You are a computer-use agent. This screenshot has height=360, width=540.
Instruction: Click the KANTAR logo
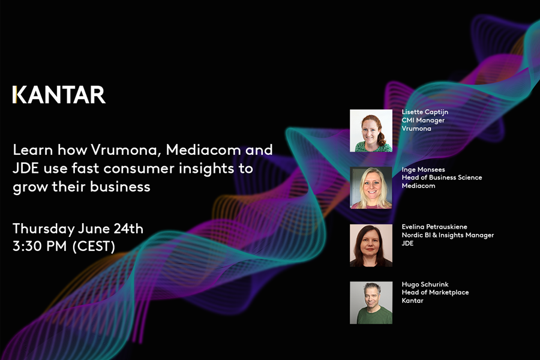(59, 95)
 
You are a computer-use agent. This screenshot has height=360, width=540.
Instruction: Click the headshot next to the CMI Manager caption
(371, 131)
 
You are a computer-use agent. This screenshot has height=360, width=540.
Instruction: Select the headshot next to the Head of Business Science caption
(371, 188)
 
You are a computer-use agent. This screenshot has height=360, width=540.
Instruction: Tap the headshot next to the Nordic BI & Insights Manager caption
(371, 245)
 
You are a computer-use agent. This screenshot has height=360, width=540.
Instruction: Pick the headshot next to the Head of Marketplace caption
(371, 302)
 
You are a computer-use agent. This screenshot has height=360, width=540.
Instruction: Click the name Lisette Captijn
(425, 112)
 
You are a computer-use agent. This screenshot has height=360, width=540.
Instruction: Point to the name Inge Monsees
(423, 169)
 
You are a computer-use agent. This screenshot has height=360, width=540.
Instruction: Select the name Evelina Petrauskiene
(434, 227)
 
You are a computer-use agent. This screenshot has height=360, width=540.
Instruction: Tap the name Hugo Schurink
(425, 284)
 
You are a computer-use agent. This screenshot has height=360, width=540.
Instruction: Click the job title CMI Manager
(423, 120)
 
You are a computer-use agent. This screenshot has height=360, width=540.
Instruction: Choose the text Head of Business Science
(442, 178)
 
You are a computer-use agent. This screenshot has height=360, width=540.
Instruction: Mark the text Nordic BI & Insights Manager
(448, 235)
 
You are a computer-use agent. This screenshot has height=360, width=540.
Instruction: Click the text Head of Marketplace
(436, 292)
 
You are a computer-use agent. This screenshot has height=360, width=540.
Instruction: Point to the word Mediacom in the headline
(203, 150)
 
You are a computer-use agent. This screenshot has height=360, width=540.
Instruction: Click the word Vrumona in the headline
(126, 150)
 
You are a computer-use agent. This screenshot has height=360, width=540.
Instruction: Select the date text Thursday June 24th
(78, 229)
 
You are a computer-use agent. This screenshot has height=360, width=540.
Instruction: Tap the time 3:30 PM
(40, 246)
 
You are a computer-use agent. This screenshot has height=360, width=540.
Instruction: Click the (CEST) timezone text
(94, 247)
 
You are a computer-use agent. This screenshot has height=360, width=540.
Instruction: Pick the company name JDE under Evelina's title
(407, 243)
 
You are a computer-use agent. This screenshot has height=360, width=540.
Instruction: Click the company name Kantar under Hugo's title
(413, 301)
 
